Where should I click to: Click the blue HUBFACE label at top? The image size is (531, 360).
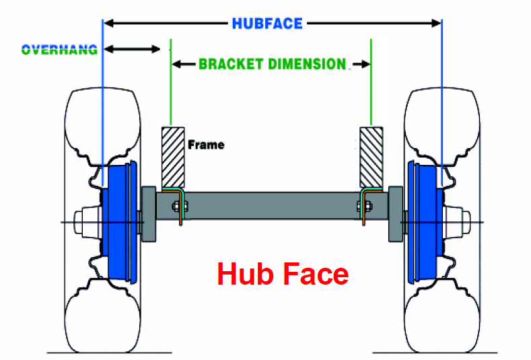(x=267, y=23)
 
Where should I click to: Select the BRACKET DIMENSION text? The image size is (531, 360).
(x=272, y=65)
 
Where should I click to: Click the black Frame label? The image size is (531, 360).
(x=206, y=144)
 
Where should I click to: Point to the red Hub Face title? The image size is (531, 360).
(x=283, y=275)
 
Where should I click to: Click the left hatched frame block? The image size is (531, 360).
(x=174, y=156)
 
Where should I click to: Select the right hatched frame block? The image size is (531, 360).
(x=371, y=156)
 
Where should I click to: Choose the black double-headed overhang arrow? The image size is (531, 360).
(x=133, y=49)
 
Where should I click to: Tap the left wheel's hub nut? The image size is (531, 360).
(x=83, y=221)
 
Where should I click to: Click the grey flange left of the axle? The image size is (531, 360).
(x=148, y=211)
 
